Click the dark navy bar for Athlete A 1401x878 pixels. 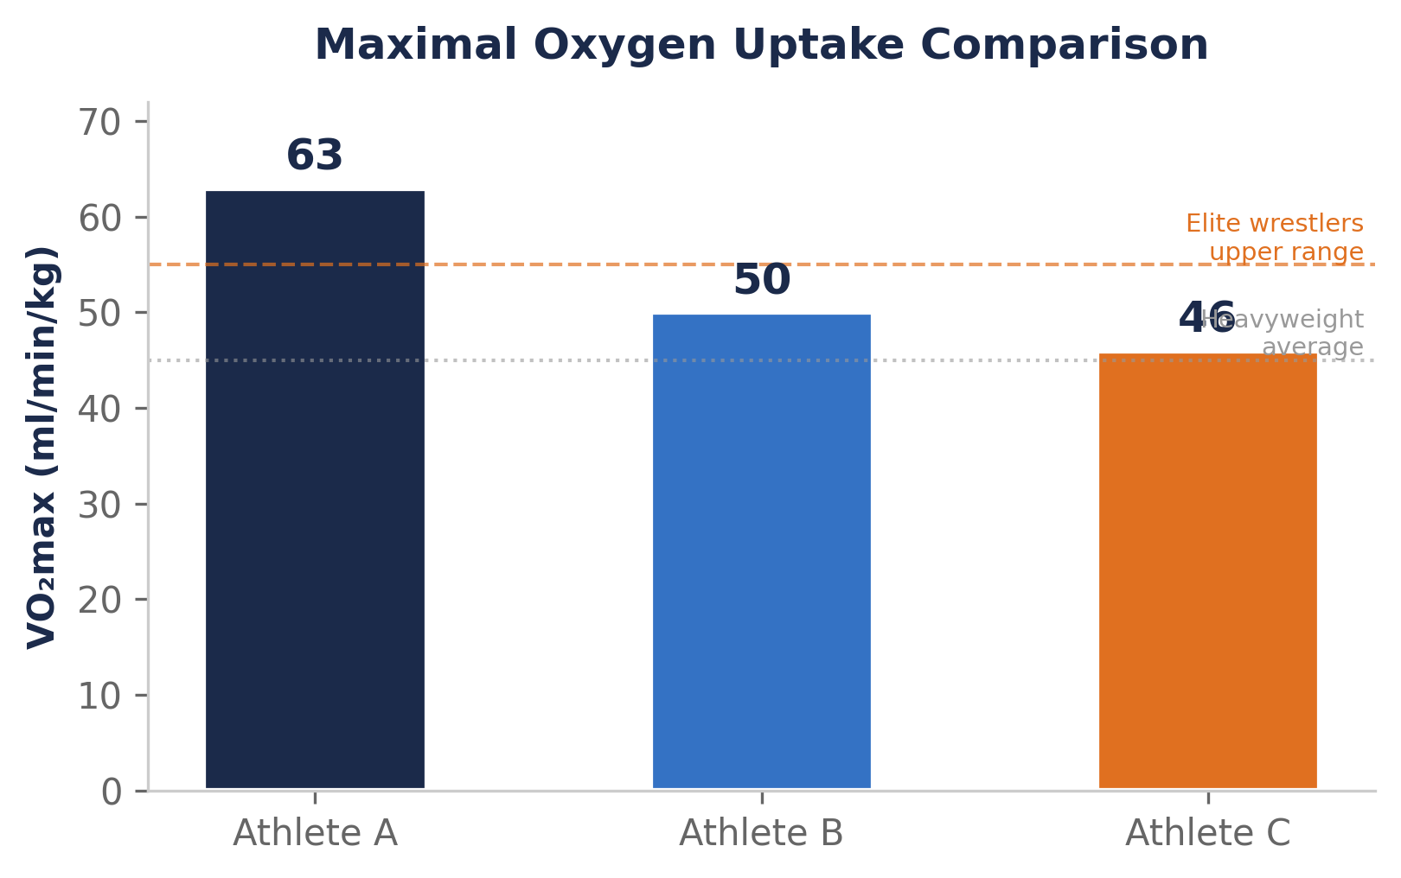[315, 489]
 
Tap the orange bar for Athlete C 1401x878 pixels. [1207, 570]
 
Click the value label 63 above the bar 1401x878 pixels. [315, 156]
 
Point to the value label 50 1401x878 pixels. [761, 281]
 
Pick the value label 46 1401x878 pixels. [1207, 319]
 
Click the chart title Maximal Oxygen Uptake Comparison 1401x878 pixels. [761, 45]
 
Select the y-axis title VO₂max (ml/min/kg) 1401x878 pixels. [42, 447]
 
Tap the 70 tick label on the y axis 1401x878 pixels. [99, 123]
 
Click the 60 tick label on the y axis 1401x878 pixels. [99, 219]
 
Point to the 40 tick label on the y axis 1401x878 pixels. [99, 410]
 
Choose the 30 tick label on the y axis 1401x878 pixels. [99, 505]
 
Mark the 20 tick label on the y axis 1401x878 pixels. [99, 601]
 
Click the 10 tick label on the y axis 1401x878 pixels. [99, 696]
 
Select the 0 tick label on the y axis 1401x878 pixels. [112, 792]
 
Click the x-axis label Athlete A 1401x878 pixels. [315, 833]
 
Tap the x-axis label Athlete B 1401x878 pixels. [761, 833]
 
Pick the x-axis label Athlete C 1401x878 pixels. [1207, 833]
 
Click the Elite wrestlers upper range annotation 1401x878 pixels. [1275, 238]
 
